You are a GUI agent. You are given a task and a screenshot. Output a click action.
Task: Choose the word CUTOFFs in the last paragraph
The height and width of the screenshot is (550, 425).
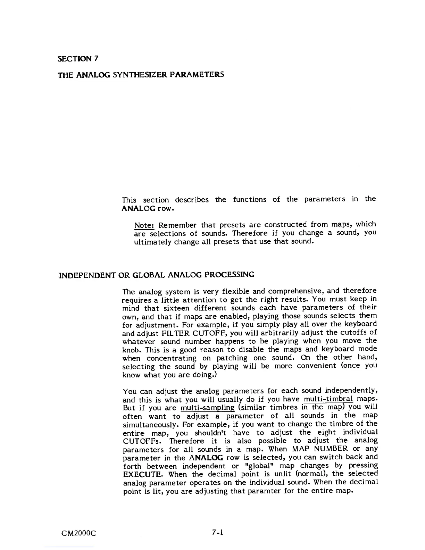(x=143, y=441)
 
